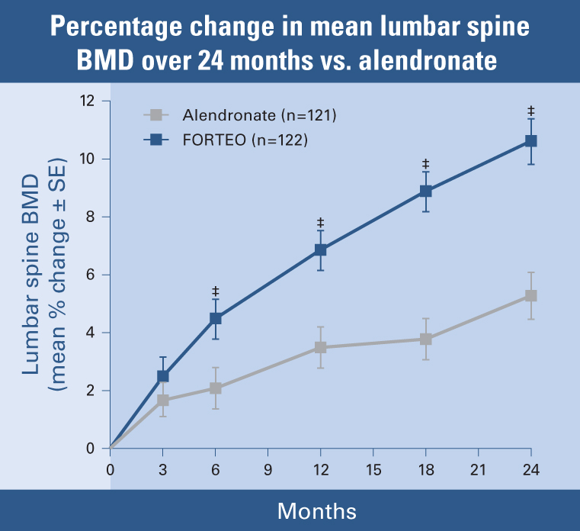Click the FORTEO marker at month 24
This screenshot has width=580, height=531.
531,141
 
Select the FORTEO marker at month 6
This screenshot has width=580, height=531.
216,319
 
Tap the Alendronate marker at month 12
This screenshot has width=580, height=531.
321,347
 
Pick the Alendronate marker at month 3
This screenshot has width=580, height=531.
163,401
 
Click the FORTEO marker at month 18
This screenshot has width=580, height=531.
426,191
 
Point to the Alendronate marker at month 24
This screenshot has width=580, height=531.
531,295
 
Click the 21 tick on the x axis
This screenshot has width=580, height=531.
479,468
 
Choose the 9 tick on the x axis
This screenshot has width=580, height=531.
268,468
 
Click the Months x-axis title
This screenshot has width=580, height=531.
316,510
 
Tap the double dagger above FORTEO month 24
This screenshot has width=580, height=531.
531,111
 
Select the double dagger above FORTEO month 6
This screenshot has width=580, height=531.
216,291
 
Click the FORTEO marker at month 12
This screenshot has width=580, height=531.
321,249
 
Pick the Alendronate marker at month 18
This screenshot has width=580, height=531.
426,339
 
